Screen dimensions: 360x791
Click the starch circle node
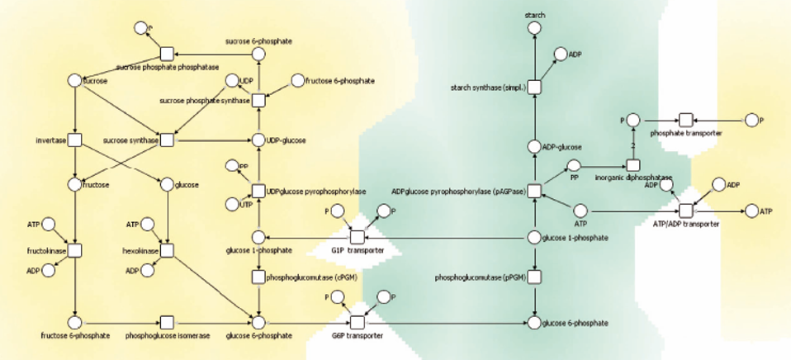534,30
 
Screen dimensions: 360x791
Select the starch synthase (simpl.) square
534,88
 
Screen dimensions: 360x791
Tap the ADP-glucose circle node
534,147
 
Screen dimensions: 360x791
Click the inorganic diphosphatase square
633,165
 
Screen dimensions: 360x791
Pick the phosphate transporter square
684,121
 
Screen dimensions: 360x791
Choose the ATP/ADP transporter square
684,211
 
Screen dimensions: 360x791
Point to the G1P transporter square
357,239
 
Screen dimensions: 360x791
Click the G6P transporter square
357,321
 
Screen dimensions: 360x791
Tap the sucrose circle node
74,81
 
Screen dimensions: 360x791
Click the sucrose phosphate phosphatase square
167,53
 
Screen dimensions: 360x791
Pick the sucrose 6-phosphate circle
258,54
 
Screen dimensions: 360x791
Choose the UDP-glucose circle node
258,140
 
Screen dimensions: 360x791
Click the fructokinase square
74,249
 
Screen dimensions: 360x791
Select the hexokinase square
167,249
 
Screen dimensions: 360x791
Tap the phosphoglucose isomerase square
167,321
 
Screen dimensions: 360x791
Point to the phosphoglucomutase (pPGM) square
534,277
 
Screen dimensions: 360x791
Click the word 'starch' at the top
534,15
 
